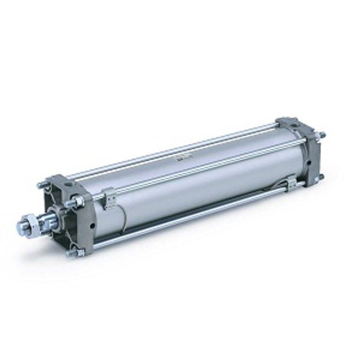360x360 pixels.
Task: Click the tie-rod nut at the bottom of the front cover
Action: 72,253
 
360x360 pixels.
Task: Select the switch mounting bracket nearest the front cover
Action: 109,197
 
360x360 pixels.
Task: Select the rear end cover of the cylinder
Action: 303,149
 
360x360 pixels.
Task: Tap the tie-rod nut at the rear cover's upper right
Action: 322,135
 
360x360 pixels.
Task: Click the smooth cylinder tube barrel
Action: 199,185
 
